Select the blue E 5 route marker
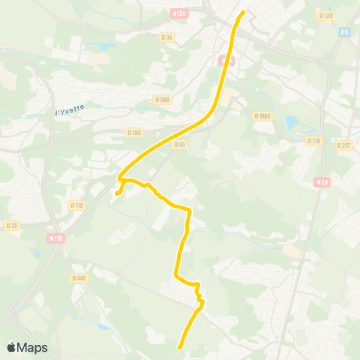(344, 32)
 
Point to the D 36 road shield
(167, 36)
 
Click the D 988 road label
(162, 98)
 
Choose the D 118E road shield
(262, 116)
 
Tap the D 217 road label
(343, 145)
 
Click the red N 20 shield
(322, 181)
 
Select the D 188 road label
(135, 133)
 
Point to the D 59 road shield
(179, 145)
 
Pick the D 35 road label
(11, 225)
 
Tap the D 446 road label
(79, 277)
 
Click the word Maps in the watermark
(32, 347)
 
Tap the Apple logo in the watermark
(11, 346)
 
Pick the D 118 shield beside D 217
(313, 140)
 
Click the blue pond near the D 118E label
(291, 123)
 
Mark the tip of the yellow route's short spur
(116, 195)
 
